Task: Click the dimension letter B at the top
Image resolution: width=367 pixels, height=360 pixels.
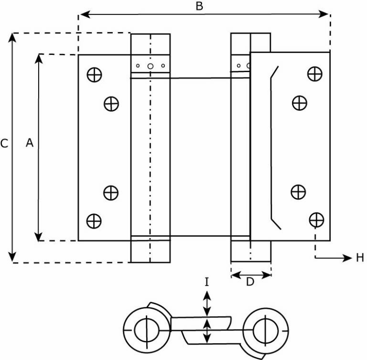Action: point(199,6)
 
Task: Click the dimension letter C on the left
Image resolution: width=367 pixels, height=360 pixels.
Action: point(4,143)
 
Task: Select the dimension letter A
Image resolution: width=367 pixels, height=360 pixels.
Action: point(30,143)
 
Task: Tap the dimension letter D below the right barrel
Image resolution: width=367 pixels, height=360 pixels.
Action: point(250,282)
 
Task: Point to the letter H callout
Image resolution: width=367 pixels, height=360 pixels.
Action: point(360,257)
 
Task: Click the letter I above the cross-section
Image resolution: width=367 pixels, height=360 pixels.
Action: point(206,282)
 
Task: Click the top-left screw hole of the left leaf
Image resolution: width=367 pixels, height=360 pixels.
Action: point(94,75)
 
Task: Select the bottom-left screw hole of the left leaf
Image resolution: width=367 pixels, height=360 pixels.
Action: point(94,221)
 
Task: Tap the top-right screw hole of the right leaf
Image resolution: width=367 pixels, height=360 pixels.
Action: point(315,74)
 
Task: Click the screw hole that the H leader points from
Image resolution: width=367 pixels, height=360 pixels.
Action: point(316,220)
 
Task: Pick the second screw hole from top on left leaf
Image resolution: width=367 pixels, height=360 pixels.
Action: point(111,104)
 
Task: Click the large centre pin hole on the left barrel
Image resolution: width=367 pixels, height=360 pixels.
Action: point(150,66)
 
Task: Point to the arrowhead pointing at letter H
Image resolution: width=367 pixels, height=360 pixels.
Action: point(347,258)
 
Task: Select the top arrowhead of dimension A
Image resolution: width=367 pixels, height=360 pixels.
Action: point(39,59)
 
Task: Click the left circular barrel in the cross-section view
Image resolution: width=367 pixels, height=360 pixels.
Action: point(147,330)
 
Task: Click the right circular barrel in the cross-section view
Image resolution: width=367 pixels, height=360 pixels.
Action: point(265,331)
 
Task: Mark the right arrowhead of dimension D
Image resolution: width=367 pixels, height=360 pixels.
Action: point(266,275)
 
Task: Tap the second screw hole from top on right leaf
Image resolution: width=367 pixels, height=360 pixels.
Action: point(300,103)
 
